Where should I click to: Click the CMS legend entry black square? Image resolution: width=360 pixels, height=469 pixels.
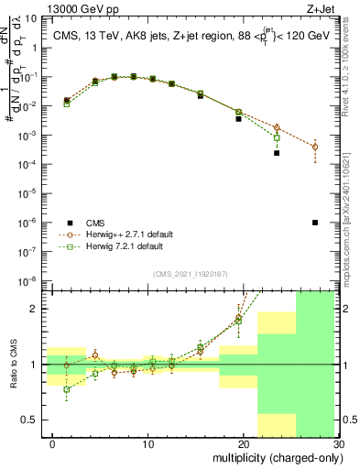70,223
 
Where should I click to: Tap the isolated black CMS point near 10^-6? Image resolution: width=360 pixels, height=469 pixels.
315,223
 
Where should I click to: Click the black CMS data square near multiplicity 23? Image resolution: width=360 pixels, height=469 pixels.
277,153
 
